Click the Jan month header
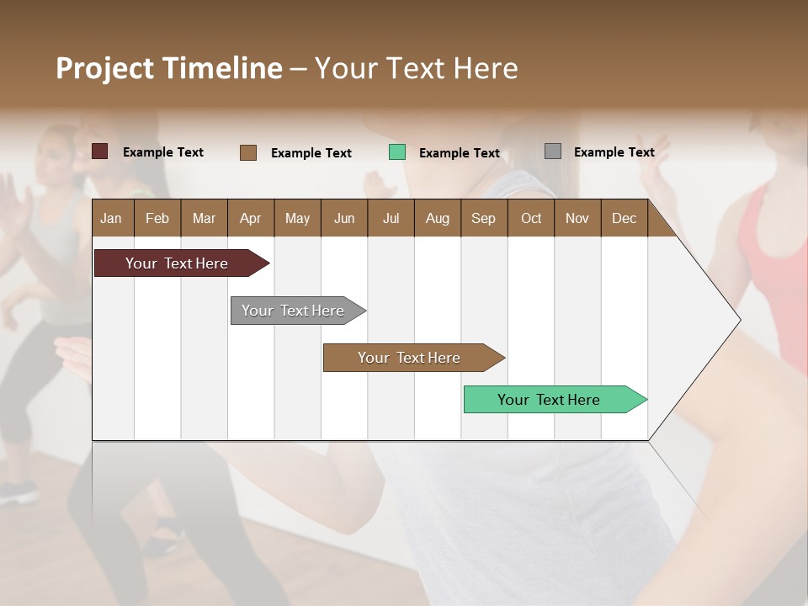coord(111,219)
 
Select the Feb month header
coord(157,219)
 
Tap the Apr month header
coord(250,219)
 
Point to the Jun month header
coord(344,219)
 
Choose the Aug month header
coord(437,219)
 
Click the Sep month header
coord(483,219)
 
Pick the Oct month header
coord(531,219)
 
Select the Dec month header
coord(624,219)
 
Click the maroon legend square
coord(100,151)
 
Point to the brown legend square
coord(248,152)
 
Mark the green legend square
coord(397,152)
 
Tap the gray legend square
coord(553,151)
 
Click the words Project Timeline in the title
coord(169,68)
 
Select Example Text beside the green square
coord(460,153)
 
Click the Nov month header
coord(577,219)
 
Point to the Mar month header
coord(204,219)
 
